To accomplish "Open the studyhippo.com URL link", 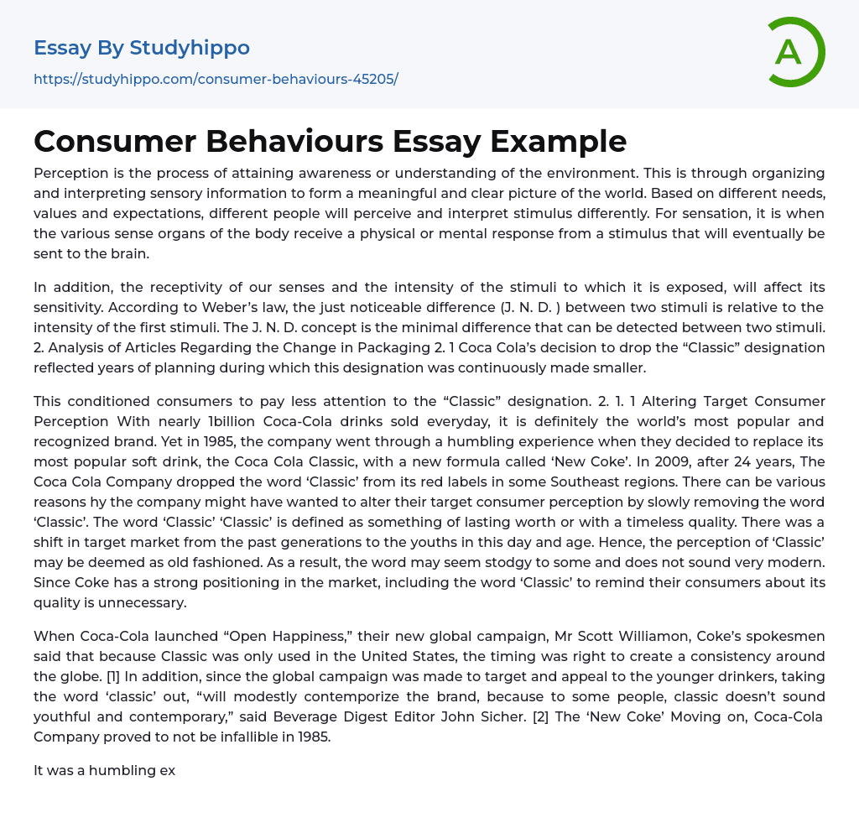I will coord(216,80).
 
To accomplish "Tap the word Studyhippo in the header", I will coord(190,48).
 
